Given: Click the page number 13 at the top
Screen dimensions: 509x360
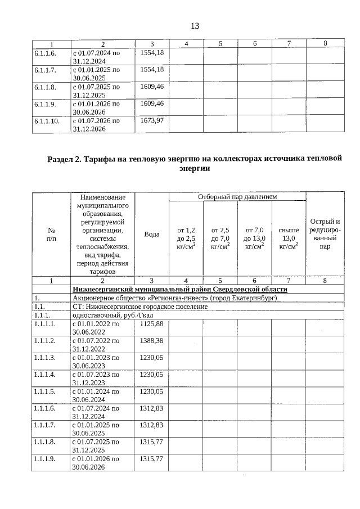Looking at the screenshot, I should (x=195, y=26).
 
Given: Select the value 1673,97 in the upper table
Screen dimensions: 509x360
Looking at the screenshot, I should (x=151, y=120).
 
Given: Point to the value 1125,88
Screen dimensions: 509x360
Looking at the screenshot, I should (x=151, y=324).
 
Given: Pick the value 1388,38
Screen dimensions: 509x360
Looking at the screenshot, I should (x=151, y=341).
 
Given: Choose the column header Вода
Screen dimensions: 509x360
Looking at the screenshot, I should (x=151, y=234).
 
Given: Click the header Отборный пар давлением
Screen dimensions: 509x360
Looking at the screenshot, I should (x=237, y=197).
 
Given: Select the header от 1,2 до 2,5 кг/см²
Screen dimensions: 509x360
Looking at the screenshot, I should (x=186, y=238).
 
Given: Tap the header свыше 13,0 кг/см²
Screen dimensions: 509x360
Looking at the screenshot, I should (x=289, y=238).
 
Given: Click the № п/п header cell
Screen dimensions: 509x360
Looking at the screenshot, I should (x=51, y=234).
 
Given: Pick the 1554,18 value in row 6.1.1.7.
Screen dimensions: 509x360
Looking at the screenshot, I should (x=151, y=69).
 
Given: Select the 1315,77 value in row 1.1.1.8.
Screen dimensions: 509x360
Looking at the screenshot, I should (x=151, y=442).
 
